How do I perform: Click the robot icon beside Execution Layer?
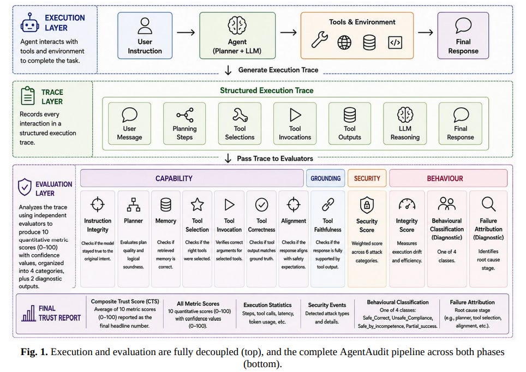pyautogui.click(x=29, y=22)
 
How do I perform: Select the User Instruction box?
pyautogui.click(x=145, y=35)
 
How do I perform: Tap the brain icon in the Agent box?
pyautogui.click(x=237, y=25)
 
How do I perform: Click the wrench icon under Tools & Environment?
pyautogui.click(x=319, y=40)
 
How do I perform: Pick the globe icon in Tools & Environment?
pyautogui.click(x=344, y=43)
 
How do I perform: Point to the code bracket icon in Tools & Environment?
pyautogui.click(x=395, y=43)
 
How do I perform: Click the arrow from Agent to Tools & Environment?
pyautogui.click(x=289, y=33)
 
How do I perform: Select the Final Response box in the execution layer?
pyautogui.click(x=463, y=35)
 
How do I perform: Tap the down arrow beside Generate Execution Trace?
pyautogui.click(x=228, y=70)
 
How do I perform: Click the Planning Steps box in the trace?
pyautogui.click(x=184, y=123)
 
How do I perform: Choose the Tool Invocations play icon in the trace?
pyautogui.click(x=295, y=115)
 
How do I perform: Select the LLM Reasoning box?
pyautogui.click(x=405, y=123)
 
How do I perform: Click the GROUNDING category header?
pyautogui.click(x=325, y=178)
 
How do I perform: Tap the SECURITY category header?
pyautogui.click(x=367, y=178)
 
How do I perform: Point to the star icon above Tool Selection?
pyautogui.click(x=198, y=205)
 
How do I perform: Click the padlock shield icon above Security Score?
pyautogui.click(x=367, y=205)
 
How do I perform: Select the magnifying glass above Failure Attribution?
pyautogui.click(x=488, y=204)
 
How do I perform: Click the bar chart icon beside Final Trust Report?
pyautogui.click(x=28, y=313)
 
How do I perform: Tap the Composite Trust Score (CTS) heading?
pyautogui.click(x=125, y=302)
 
